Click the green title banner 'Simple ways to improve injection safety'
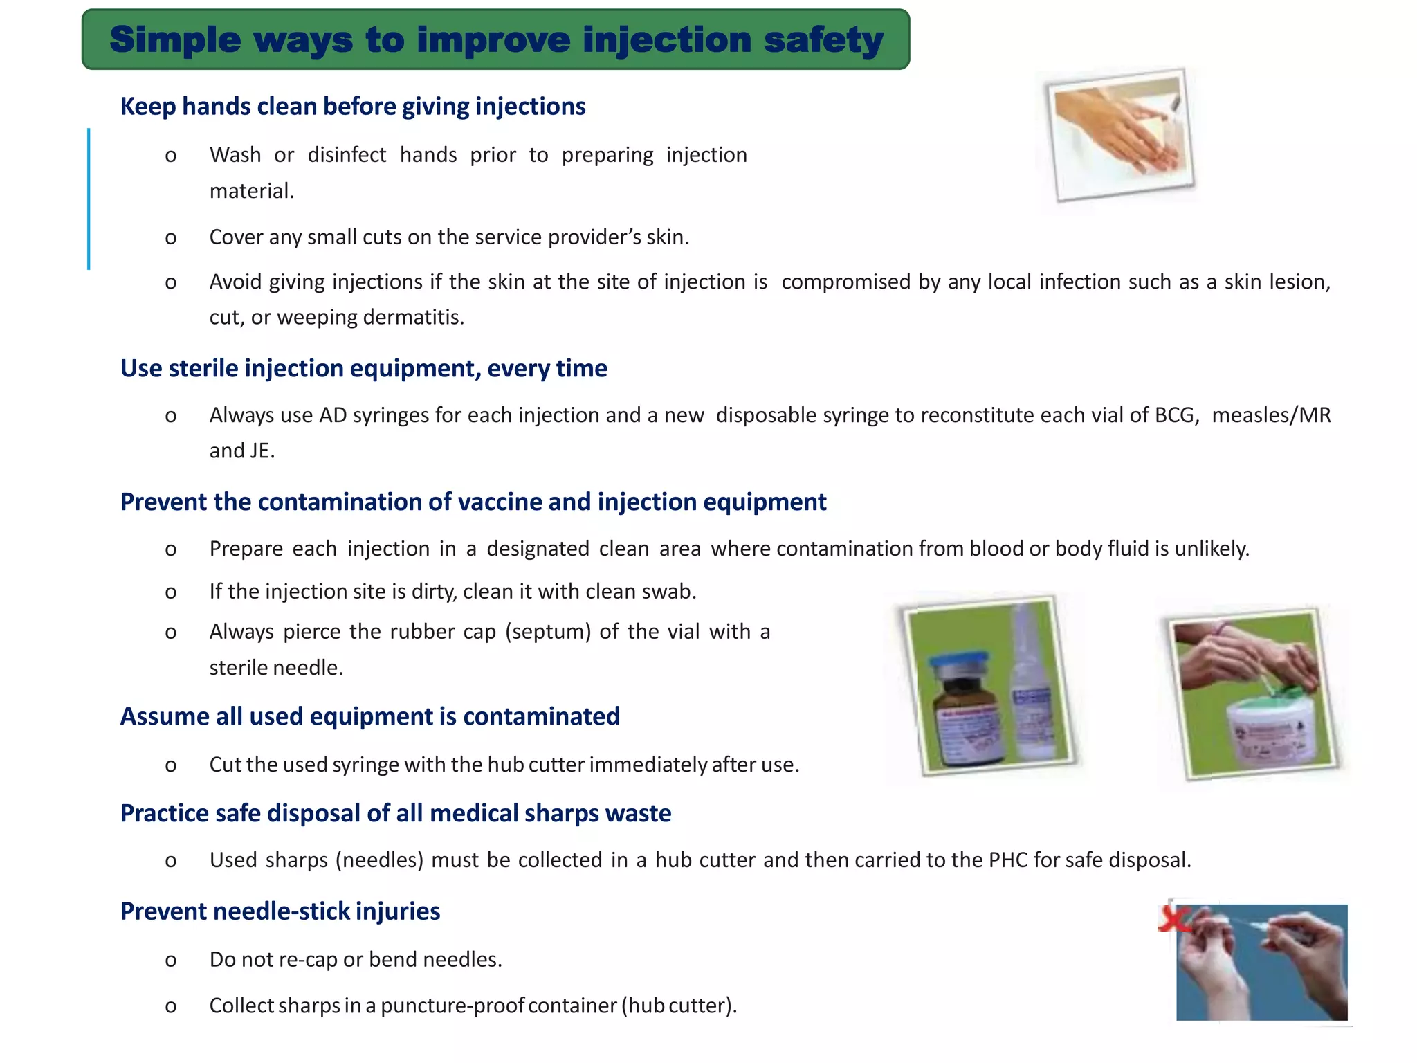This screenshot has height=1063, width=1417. click(x=495, y=39)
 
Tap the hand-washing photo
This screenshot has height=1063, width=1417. click(x=1120, y=135)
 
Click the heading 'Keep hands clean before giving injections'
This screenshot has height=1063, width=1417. click(x=353, y=107)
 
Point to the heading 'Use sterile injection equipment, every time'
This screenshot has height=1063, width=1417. click(x=364, y=368)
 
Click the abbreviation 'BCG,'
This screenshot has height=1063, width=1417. click(x=1177, y=415)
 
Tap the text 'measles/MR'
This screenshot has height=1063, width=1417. click(x=1271, y=415)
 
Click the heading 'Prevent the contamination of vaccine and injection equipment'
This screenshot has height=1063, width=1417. click(x=473, y=502)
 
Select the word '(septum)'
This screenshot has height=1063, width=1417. click(x=548, y=632)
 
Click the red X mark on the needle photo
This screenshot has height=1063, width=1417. click(x=1172, y=920)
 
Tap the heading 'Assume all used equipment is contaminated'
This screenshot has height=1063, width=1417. click(x=370, y=716)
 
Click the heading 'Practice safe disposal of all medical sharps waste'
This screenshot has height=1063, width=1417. click(x=396, y=813)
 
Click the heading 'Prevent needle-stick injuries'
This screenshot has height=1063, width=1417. click(x=280, y=911)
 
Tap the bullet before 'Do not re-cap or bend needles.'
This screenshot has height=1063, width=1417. click(x=171, y=961)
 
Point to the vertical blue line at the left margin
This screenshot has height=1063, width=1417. click(x=89, y=199)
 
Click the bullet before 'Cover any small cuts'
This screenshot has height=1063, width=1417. click(x=171, y=238)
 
